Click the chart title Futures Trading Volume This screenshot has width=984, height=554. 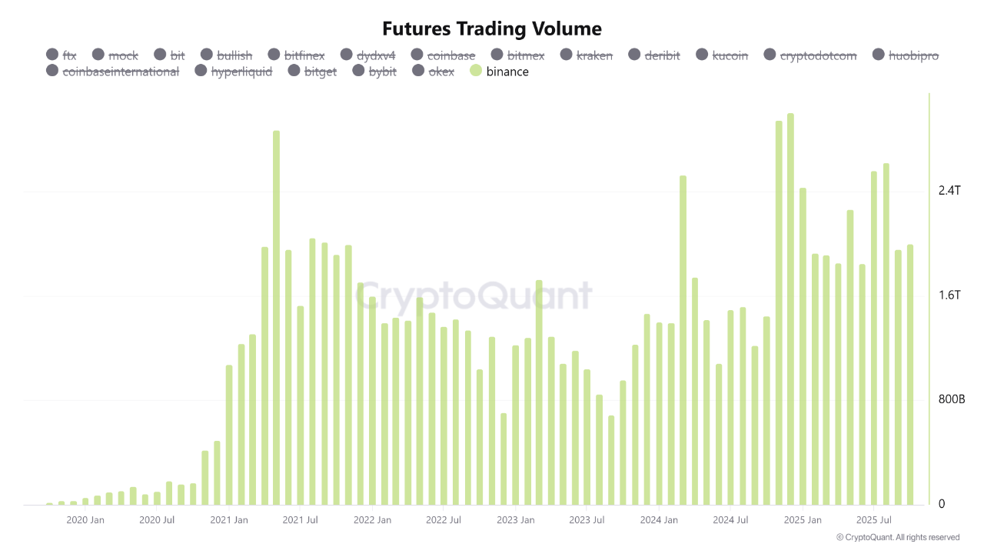point(492,29)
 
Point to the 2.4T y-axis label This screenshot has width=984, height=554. point(950,191)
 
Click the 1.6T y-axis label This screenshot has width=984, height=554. point(950,295)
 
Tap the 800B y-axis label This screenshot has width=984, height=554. point(951,400)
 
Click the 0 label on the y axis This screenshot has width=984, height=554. point(942,505)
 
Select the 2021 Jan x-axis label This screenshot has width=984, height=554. point(230,520)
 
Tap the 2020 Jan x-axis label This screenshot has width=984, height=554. point(85,520)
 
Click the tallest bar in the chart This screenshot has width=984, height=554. point(790,308)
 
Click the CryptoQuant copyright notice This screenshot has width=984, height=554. point(897,537)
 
